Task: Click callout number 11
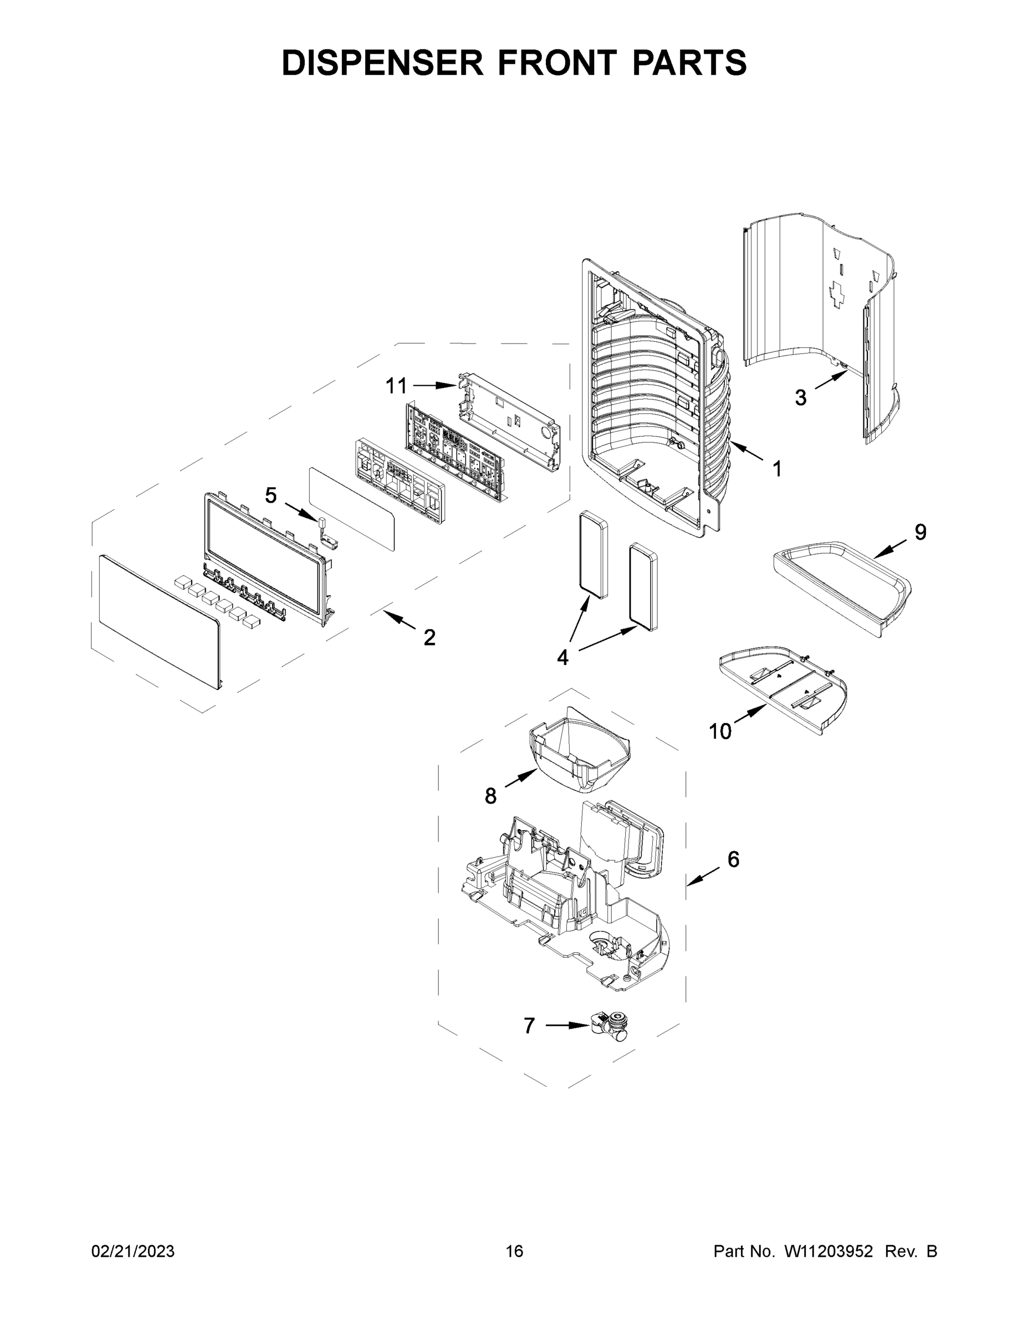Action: (x=396, y=386)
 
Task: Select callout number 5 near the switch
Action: (x=270, y=495)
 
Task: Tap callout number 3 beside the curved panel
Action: (x=800, y=398)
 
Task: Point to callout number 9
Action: (x=920, y=531)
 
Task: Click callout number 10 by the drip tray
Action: (x=720, y=731)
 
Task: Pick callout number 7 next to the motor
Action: (x=529, y=1026)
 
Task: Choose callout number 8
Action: (x=490, y=795)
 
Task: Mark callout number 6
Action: (x=733, y=860)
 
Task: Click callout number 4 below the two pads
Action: (x=562, y=657)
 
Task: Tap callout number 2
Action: (x=429, y=638)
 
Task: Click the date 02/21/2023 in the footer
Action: (x=133, y=1251)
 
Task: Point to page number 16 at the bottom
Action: (x=514, y=1251)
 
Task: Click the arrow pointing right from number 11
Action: (x=434, y=386)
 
